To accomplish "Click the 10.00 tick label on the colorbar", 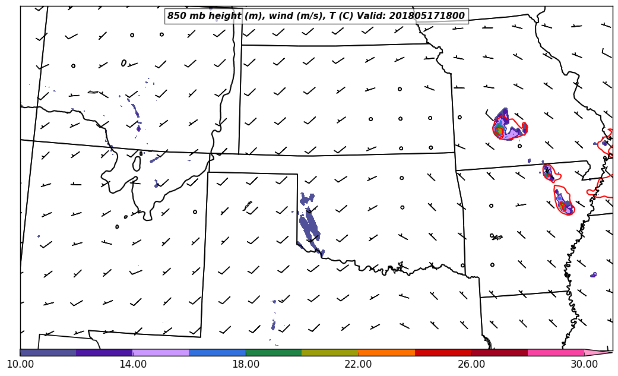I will click(x=20, y=364).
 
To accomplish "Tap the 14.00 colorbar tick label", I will click(x=133, y=364).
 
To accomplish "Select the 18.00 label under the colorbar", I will click(x=246, y=364).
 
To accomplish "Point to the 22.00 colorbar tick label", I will click(x=359, y=364).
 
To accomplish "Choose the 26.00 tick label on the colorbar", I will click(x=471, y=364).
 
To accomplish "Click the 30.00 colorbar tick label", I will click(x=584, y=364).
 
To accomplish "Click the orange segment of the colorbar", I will click(x=386, y=352).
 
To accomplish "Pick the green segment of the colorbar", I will click(x=274, y=352).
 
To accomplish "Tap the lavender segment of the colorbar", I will click(x=161, y=352).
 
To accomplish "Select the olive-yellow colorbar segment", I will click(x=330, y=352).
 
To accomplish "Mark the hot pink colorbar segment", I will click(x=556, y=352).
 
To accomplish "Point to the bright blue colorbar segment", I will click(x=217, y=352).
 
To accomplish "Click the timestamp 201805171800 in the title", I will click(x=427, y=16).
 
